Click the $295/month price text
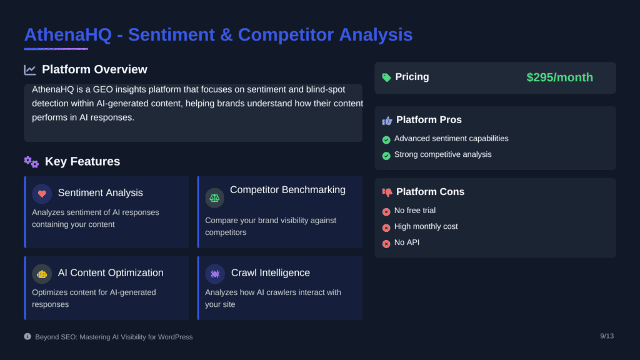point(559,77)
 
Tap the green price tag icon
point(386,77)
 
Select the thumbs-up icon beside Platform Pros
point(387,121)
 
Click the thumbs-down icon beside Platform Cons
point(387,192)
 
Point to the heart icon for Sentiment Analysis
point(42,194)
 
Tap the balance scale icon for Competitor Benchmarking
point(215,198)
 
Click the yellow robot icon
point(42,274)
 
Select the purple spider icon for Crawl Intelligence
point(215,274)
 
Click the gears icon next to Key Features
point(31,162)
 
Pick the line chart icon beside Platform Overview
point(30,70)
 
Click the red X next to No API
point(386,244)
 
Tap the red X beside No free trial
point(386,212)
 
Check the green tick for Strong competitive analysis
point(386,156)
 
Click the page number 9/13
point(607,336)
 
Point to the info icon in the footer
point(27,336)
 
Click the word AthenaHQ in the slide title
point(67,35)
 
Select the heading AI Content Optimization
point(111,272)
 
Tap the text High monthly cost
point(426,226)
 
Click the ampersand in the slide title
point(226,35)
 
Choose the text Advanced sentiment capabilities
point(451,138)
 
